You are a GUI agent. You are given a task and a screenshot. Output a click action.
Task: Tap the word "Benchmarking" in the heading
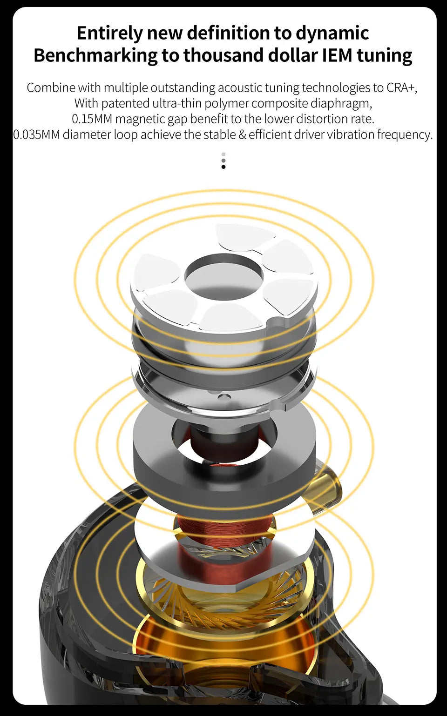95,55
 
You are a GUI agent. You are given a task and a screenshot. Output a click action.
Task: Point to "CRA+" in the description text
401,88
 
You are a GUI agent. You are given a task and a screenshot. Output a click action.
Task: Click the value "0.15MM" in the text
92,119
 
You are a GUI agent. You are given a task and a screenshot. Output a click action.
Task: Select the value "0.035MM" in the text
37,135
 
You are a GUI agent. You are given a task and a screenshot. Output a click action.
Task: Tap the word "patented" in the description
125,103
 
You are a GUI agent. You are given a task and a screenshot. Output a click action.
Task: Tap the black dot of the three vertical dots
223,167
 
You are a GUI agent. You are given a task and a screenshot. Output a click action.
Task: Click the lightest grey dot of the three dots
223,154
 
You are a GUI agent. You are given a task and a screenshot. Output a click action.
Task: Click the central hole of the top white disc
223,279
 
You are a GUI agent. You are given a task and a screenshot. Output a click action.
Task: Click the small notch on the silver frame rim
283,406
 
